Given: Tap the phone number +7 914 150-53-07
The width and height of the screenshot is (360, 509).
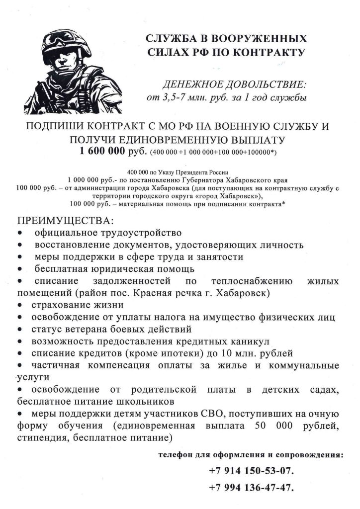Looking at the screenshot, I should pyautogui.click(x=251, y=470).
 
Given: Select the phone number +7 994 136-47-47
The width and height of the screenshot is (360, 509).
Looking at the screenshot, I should pyautogui.click(x=251, y=487).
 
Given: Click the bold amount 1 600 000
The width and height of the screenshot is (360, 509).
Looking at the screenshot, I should pyautogui.click(x=104, y=151).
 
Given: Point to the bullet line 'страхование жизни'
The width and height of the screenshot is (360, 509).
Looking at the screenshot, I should pyautogui.click(x=78, y=305).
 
